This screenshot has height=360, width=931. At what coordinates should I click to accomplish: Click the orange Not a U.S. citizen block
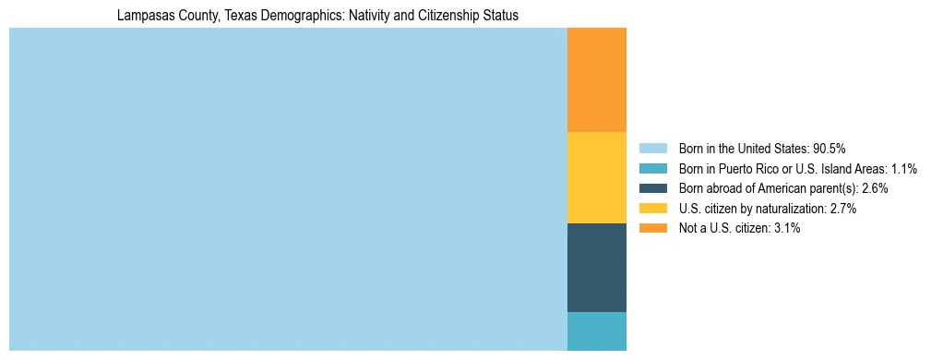[596, 80]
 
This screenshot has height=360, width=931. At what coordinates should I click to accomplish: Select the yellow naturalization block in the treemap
[596, 177]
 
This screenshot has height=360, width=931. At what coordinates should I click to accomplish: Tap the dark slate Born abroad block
[596, 268]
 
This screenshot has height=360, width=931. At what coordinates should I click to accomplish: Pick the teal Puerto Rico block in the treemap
[596, 331]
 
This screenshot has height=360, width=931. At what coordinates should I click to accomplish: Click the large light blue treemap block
[288, 189]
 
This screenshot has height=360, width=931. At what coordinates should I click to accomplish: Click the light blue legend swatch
[652, 148]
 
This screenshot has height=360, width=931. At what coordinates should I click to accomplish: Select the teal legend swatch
[652, 168]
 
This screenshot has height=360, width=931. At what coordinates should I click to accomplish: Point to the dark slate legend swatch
[652, 188]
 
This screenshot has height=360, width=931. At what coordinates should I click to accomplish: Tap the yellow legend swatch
[652, 209]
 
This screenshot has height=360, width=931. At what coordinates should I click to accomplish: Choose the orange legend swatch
[652, 228]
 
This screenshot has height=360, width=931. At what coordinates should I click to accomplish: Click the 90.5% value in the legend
[830, 148]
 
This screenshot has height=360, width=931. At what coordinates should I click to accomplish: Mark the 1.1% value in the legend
[904, 168]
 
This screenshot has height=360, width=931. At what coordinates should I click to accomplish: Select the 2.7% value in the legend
[843, 209]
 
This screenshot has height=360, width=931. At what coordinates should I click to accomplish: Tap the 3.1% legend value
[787, 228]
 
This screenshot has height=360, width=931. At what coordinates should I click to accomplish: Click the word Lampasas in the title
[142, 16]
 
